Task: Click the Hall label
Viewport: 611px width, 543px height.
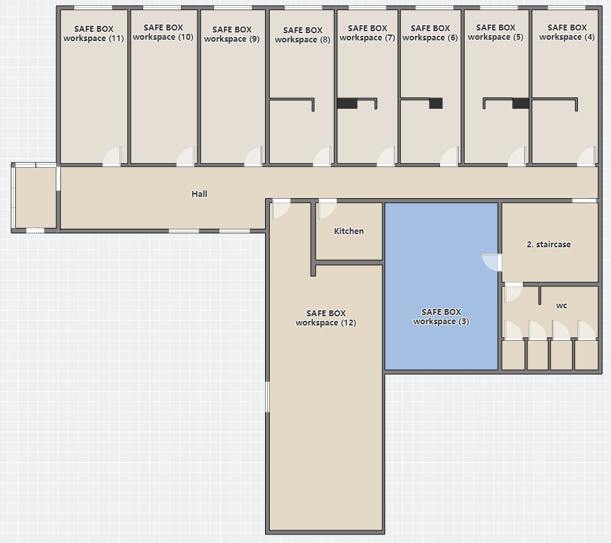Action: (x=199, y=194)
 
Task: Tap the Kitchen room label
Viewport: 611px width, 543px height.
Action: (x=349, y=231)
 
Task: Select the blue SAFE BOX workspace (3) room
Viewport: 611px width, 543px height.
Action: (x=441, y=286)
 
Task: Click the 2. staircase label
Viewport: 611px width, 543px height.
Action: (x=549, y=245)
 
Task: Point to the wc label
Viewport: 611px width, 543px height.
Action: (x=561, y=306)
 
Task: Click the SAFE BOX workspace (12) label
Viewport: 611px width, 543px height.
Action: (x=326, y=318)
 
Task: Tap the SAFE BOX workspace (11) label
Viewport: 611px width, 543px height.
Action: (x=93, y=34)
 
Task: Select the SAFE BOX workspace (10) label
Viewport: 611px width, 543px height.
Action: (x=163, y=32)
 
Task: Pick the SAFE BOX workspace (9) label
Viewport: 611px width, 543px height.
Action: (x=232, y=34)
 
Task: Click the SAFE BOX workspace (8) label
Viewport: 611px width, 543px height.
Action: (x=302, y=34)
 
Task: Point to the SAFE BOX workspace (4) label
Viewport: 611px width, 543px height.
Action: (x=567, y=32)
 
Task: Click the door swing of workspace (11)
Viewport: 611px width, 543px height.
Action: (x=112, y=156)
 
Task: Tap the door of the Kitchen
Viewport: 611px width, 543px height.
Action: (x=327, y=209)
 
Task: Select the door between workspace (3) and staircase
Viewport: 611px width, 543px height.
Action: (x=492, y=263)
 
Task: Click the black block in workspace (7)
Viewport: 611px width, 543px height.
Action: (x=347, y=103)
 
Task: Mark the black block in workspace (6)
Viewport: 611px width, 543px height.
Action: (x=436, y=103)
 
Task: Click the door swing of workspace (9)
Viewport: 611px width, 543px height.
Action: (x=254, y=156)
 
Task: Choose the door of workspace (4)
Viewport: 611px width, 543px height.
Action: (x=586, y=156)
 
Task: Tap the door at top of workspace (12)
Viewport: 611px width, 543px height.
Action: (x=281, y=209)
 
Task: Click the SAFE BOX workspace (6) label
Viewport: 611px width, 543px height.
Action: (x=430, y=32)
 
